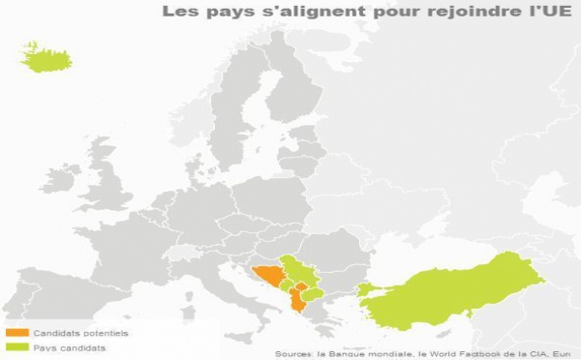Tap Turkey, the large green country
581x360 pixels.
click(455, 291)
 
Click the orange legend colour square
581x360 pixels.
click(12, 333)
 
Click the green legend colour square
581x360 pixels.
click(12, 346)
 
